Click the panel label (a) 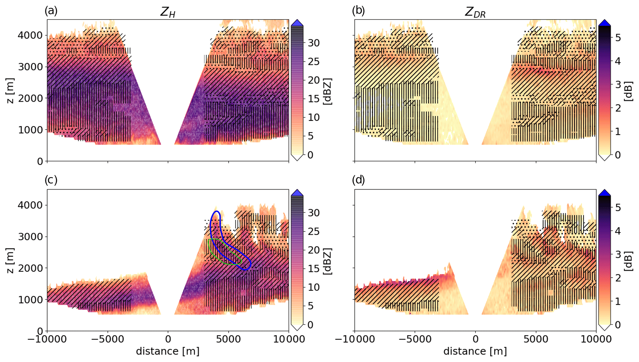pos(51,11)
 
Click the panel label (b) pos(358,11)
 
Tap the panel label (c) pos(51,180)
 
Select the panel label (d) pos(359,180)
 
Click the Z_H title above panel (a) pos(168,12)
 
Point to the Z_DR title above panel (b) pos(475,12)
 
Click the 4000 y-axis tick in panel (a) pos(30,35)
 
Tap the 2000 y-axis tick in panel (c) pos(30,268)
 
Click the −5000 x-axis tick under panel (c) pos(108,339)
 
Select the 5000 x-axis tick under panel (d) pos(536,339)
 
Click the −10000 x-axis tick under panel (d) pos(354,339)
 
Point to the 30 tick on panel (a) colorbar pos(313,43)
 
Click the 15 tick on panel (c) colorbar pos(313,269)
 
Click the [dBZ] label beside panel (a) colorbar pos(327,92)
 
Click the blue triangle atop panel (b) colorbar pos(604,23)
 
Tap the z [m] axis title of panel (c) pos(11,260)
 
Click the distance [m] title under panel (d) pos(475,351)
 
